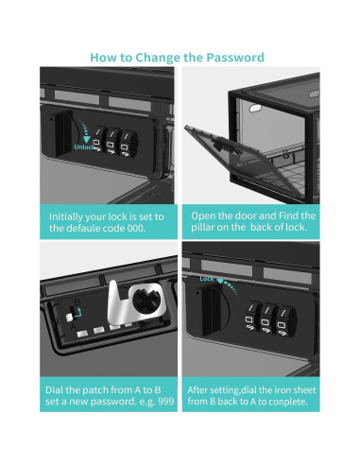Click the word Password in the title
click(235, 58)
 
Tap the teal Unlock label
click(83, 147)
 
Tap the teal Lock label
click(207, 279)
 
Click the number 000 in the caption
click(136, 228)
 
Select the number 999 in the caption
click(166, 402)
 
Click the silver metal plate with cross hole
click(137, 302)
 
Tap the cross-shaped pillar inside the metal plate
click(146, 301)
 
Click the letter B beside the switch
click(77, 302)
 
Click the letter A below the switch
click(73, 327)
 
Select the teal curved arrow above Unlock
click(85, 131)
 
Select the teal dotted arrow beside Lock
click(228, 286)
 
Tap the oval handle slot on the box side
click(256, 109)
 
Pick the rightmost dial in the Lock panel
click(284, 322)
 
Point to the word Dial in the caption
click(54, 390)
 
